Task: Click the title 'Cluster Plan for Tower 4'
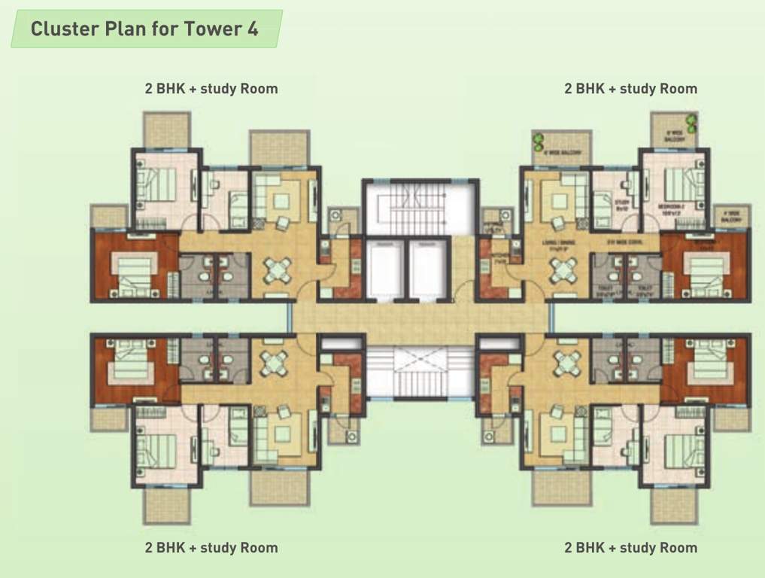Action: [144, 29]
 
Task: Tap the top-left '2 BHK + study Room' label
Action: [211, 89]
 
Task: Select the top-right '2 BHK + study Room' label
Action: [630, 89]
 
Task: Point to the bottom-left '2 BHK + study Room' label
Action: [211, 547]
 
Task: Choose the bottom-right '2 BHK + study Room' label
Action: [630, 547]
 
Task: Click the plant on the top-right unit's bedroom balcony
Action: [691, 122]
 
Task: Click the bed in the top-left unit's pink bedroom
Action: [156, 185]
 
